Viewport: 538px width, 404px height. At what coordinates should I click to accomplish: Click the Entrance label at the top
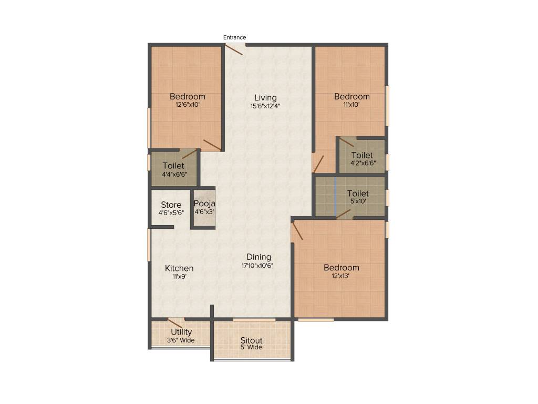pyautogui.click(x=234, y=37)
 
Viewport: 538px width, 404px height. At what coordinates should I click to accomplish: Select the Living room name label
pyautogui.click(x=265, y=97)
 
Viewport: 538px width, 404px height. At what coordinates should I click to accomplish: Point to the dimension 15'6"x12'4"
pyautogui.click(x=265, y=106)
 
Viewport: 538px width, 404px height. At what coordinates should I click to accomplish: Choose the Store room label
pyautogui.click(x=171, y=205)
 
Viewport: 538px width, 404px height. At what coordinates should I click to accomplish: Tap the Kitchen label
pyautogui.click(x=179, y=268)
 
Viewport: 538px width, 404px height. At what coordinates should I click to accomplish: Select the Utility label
pyautogui.click(x=181, y=332)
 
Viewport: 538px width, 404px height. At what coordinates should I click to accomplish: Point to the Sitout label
pyautogui.click(x=251, y=340)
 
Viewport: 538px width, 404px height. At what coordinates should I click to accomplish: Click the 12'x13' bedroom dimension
pyautogui.click(x=341, y=276)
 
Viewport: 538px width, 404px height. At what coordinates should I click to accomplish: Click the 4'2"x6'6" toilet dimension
pyautogui.click(x=362, y=163)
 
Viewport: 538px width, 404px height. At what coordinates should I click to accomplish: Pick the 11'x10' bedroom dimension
pyautogui.click(x=351, y=105)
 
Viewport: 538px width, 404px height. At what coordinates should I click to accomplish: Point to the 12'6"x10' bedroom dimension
pyautogui.click(x=187, y=105)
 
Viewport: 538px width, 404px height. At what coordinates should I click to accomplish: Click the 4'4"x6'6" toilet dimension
pyautogui.click(x=174, y=174)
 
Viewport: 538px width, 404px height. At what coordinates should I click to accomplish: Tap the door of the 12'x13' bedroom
pyautogui.click(x=297, y=231)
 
